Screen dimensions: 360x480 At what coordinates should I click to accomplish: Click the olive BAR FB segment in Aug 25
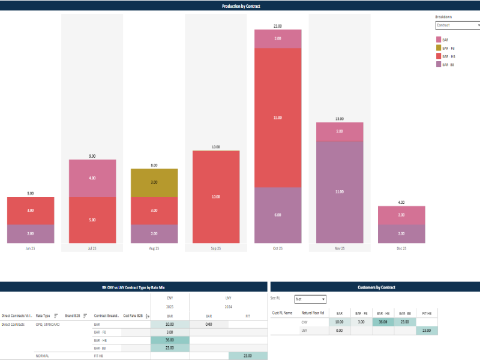pos(154,182)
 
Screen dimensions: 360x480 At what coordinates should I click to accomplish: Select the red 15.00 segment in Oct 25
pos(278,118)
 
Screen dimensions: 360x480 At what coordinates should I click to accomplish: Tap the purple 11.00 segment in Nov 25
pos(340,191)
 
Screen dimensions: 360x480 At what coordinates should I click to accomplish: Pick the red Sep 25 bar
pos(216,197)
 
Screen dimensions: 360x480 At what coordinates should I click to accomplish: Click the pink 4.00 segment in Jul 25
pos(92,178)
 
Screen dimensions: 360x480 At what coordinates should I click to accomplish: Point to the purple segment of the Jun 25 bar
pos(31,233)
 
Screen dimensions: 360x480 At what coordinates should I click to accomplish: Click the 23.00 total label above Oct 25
pos(278,26)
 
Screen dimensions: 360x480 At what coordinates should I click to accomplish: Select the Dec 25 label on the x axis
pos(401,248)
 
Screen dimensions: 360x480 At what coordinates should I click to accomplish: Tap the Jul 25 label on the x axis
pos(92,248)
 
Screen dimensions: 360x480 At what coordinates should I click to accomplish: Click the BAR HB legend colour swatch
pos(438,56)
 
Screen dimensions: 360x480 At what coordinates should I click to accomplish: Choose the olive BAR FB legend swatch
pos(438,47)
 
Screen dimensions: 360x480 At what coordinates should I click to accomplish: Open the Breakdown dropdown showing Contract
pos(458,25)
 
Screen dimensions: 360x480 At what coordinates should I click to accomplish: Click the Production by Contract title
pos(240,6)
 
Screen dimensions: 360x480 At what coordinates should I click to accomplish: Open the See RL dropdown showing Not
pos(310,299)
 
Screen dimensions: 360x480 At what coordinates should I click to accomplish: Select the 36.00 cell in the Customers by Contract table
pos(383,322)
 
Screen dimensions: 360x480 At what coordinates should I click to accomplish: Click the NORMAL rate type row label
pos(43,356)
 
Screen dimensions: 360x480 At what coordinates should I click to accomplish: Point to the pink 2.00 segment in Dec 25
pos(401,215)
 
